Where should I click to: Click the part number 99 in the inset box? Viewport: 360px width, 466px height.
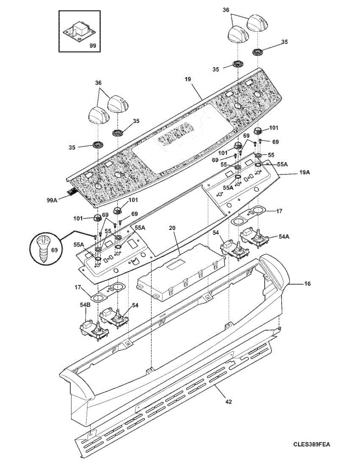92,45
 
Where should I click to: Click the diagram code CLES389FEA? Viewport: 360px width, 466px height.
312,444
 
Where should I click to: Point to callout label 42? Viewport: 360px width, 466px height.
228,402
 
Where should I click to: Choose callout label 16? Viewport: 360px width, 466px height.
307,284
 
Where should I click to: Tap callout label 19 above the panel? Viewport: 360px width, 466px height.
188,79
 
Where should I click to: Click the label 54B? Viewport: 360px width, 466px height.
85,305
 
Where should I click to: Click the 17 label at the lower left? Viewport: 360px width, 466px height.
78,288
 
